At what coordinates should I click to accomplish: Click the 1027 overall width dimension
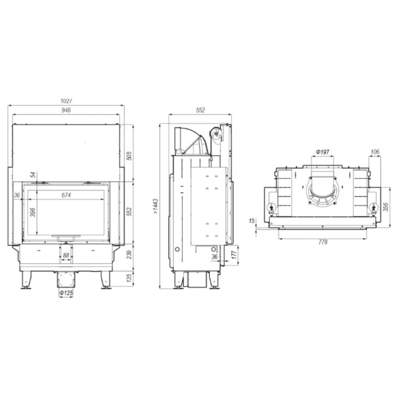(67, 101)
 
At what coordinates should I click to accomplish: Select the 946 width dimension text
(67, 110)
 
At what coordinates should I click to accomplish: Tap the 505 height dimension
(129, 156)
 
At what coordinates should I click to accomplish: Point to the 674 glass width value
(67, 195)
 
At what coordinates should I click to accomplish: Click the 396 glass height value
(33, 212)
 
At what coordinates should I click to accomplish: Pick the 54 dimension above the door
(33, 175)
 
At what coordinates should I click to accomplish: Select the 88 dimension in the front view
(66, 255)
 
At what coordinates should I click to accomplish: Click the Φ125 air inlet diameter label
(67, 293)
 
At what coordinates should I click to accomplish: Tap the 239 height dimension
(129, 255)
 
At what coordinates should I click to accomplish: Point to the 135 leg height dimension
(129, 278)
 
